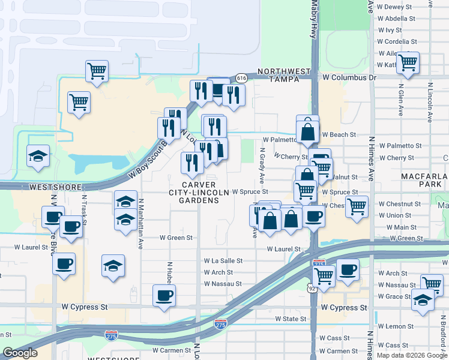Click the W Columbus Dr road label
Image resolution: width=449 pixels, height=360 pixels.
click(x=349, y=77)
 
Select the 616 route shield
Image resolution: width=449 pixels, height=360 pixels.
click(x=241, y=78)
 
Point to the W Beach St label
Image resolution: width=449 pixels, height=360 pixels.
click(x=339, y=135)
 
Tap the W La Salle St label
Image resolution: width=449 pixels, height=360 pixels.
click(x=223, y=261)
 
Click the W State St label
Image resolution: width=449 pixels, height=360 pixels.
click(x=291, y=319)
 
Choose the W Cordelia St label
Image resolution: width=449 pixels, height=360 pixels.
click(x=397, y=41)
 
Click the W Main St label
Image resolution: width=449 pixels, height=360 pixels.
click(x=402, y=227)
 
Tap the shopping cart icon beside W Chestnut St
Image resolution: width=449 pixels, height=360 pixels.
click(x=357, y=206)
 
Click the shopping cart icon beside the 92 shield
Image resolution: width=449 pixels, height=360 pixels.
click(x=324, y=276)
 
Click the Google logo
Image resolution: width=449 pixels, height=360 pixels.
click(x=20, y=353)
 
